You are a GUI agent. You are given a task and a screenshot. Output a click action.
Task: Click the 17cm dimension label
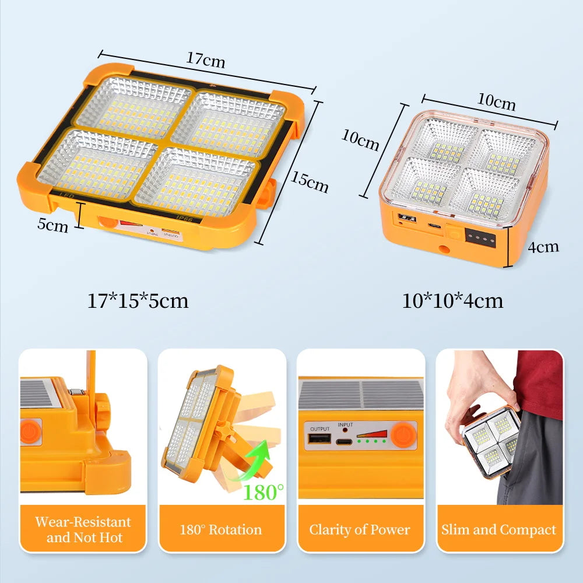(206, 59)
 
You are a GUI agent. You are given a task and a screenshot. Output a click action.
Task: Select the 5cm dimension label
(53, 224)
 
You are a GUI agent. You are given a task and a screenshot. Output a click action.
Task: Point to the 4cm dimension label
(543, 247)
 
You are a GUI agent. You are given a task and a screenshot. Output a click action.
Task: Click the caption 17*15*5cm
(138, 301)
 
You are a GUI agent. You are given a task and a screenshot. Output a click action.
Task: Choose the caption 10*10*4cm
(452, 301)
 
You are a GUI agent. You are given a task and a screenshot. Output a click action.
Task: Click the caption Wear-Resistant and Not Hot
(82, 529)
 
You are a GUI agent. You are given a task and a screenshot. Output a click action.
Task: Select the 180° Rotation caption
(221, 530)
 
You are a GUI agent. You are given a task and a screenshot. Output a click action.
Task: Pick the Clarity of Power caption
(360, 530)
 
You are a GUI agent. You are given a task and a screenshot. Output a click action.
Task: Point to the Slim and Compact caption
(498, 530)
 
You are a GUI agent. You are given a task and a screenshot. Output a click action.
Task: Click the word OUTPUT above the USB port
(319, 429)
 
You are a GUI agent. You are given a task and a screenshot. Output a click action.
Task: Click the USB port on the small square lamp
(403, 219)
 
